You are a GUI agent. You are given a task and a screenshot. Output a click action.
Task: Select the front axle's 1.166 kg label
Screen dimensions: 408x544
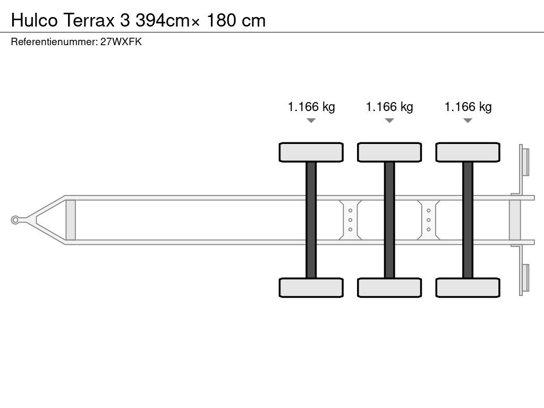point(311,107)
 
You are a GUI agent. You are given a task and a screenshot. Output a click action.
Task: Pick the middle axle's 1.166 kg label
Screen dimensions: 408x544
point(389,107)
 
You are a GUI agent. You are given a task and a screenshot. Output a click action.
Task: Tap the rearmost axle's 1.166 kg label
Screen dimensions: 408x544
point(468,107)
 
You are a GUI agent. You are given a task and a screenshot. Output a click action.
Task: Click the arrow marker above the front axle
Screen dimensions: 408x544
point(311,121)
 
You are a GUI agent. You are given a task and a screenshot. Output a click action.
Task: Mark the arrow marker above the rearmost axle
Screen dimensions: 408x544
point(467,121)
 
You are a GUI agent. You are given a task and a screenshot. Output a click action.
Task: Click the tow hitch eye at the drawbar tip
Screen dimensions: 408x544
point(16,219)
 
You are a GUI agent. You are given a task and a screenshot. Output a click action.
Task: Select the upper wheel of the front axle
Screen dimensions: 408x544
point(311,152)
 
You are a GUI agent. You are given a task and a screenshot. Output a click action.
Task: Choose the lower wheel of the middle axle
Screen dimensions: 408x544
point(389,287)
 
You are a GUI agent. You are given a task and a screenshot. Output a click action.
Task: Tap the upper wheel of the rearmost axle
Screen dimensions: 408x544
point(467,152)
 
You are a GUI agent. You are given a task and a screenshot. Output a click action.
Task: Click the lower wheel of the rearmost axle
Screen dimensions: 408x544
point(467,287)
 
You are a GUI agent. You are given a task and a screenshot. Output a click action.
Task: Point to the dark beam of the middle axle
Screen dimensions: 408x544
point(389,219)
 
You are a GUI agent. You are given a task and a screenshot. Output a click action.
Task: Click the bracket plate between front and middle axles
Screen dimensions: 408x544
point(351,219)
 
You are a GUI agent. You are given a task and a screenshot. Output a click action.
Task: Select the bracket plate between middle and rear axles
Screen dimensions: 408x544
point(429,219)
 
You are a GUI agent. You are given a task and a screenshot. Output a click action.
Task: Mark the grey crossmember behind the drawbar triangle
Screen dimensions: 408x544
point(71,219)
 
